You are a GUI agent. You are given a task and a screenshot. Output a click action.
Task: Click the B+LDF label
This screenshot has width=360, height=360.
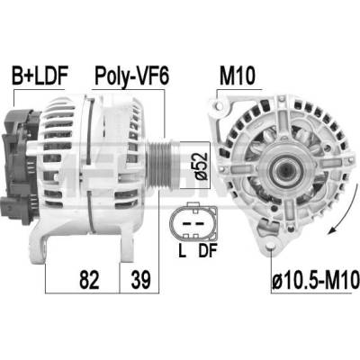coord(40,75)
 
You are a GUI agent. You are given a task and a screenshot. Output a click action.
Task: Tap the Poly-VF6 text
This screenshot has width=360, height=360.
coord(131,76)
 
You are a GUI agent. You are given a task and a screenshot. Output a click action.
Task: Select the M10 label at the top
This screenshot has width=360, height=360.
coord(238,76)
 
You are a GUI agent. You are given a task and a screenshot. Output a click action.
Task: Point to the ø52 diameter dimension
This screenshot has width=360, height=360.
coord(201,166)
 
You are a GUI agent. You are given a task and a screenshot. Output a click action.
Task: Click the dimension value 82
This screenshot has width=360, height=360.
coord(89,279)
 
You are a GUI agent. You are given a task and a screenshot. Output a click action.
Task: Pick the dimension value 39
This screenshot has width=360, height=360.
coord(140,279)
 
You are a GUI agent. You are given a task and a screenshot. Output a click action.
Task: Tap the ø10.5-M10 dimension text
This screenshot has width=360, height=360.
coord(316,279)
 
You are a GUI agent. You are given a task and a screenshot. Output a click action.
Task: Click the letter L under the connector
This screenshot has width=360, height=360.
coord(182,250)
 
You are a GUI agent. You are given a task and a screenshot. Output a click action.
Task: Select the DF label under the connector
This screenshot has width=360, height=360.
coord(207,250)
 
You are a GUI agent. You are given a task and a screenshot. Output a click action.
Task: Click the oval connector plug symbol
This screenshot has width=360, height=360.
coord(193,221)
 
